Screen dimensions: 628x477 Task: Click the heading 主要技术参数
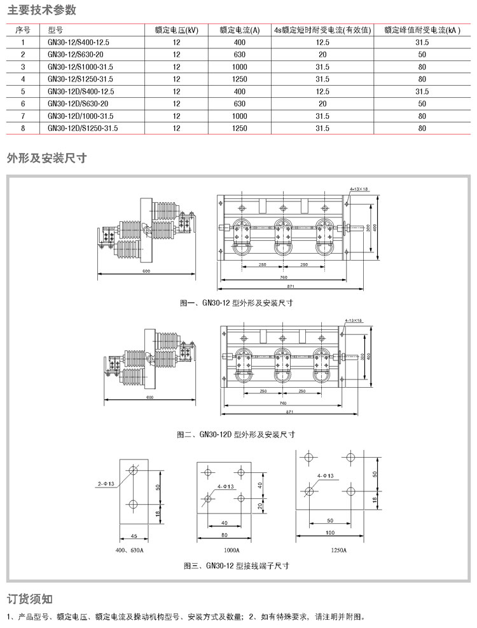coord(41,10)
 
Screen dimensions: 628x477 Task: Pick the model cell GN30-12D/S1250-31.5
coord(83,128)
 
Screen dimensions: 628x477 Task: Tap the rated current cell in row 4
coord(239,79)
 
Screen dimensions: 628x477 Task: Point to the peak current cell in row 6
coord(422,103)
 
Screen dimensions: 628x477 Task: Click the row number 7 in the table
coord(23,116)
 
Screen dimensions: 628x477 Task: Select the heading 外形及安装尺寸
coord(46,158)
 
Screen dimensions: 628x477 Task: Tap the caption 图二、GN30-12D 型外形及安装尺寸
coord(236,435)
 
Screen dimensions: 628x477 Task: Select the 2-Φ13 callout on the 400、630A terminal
coord(106,484)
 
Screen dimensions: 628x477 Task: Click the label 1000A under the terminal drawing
coord(232,549)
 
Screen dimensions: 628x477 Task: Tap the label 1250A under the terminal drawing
coord(338,550)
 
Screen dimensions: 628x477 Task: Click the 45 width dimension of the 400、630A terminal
coord(134,536)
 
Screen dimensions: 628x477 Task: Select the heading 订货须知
coord(29,599)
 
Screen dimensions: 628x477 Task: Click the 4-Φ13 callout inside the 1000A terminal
coord(226,487)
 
